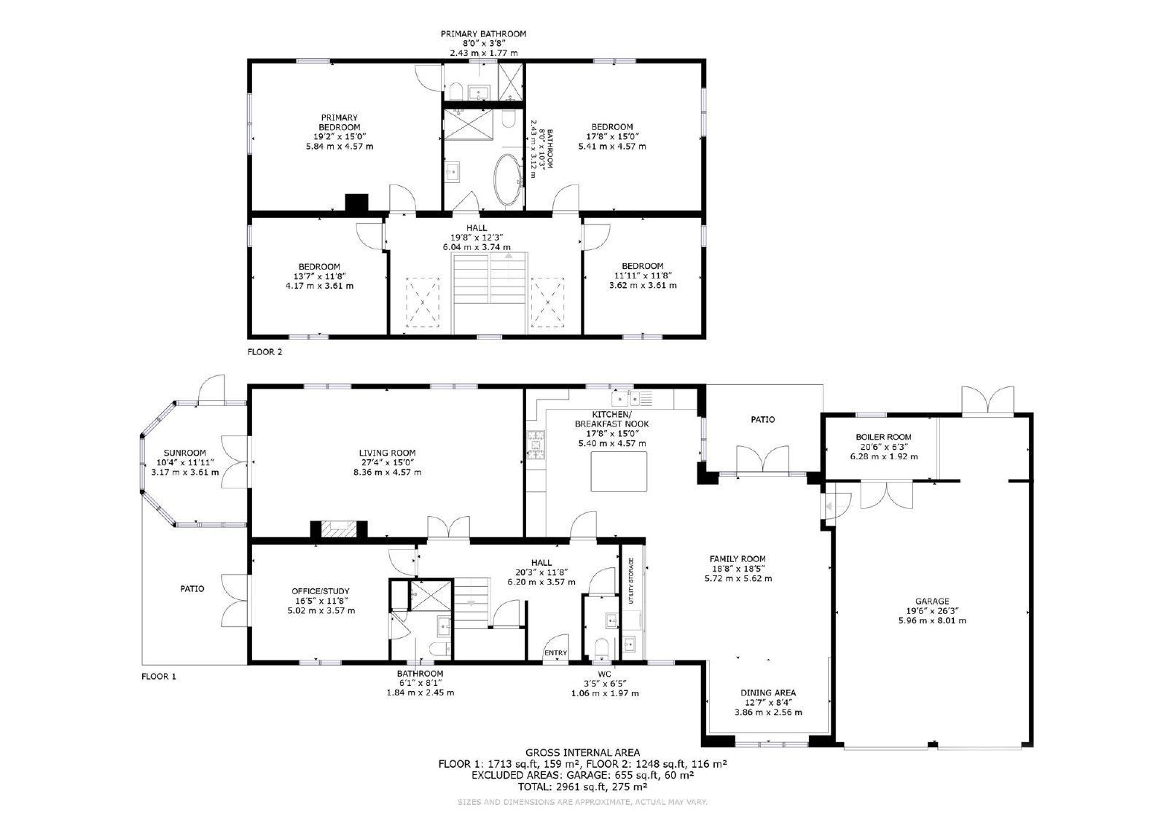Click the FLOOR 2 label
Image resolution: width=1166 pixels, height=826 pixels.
coord(265,352)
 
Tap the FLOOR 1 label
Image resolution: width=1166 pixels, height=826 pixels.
coord(159,677)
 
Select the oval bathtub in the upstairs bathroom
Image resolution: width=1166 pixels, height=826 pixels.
coord(507,179)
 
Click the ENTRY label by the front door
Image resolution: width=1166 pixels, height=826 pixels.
coord(555,653)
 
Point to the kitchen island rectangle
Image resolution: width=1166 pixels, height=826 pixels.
coord(619,472)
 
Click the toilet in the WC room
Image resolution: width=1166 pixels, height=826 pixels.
coord(602,648)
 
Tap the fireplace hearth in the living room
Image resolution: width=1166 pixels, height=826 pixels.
coord(339,529)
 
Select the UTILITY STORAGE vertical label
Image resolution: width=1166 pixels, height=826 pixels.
coord(631,581)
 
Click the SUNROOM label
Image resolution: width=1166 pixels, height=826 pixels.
coord(185,453)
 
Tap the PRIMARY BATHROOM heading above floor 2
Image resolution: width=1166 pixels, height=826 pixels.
coord(484,34)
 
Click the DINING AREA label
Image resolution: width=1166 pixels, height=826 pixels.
coord(768,693)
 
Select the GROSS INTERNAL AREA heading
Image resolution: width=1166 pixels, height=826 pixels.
coord(582,752)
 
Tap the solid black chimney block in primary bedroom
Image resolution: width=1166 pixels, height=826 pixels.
coord(357,203)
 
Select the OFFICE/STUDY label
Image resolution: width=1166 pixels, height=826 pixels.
coord(320,591)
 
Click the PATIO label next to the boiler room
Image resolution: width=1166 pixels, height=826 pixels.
coord(762,419)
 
